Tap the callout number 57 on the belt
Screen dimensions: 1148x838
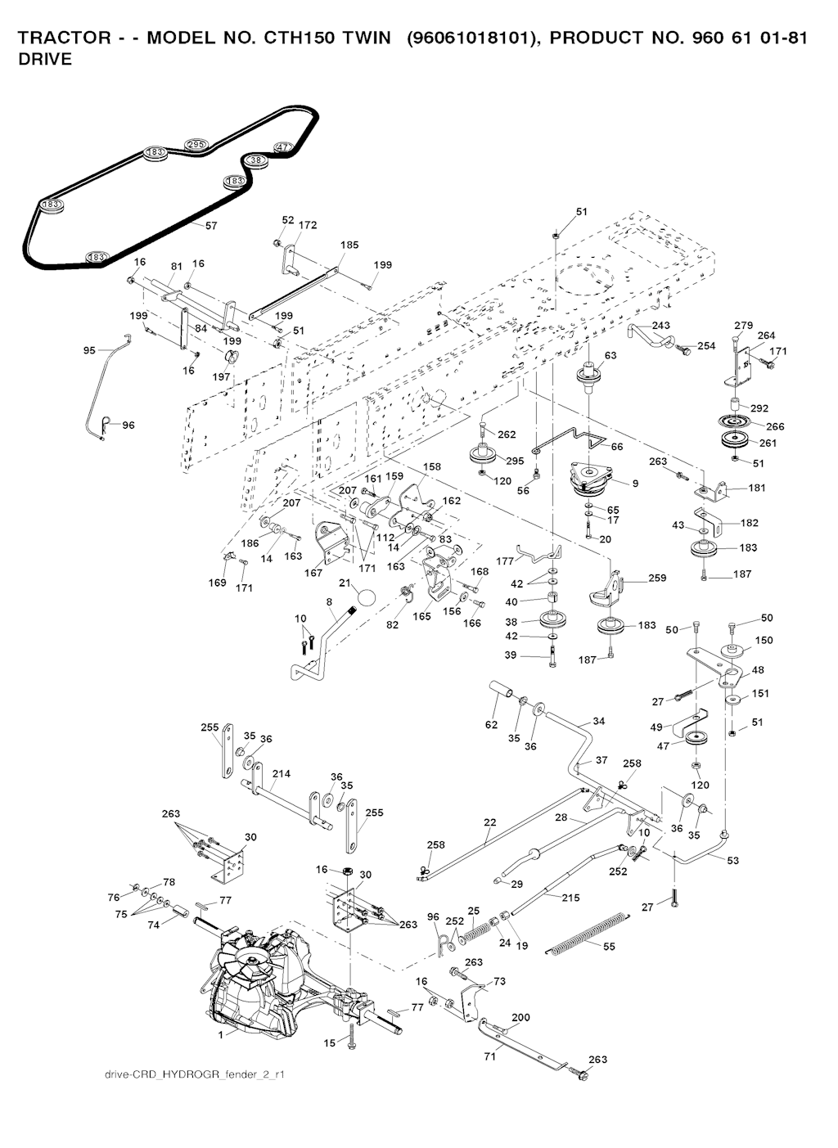pos(211,225)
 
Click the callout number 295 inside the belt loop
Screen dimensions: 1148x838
pos(196,145)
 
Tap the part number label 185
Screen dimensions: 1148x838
pos(349,245)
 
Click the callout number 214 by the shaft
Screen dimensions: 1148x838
pos(282,773)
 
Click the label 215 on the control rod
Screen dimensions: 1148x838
pos(570,898)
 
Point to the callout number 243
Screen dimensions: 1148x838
pos(661,326)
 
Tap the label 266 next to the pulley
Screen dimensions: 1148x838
pos(775,426)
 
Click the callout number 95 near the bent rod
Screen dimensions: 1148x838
pos(89,350)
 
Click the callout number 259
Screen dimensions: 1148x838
pos(657,578)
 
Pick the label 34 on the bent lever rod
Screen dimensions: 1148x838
pos(599,721)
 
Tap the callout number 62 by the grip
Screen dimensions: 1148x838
pos(491,724)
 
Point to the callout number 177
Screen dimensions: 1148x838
pos(505,561)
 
